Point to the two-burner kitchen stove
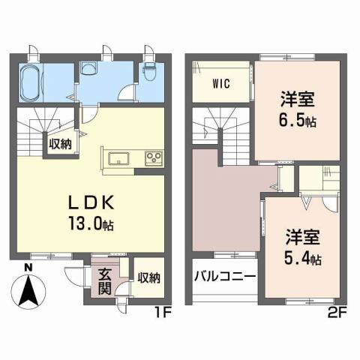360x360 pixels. coord(155,157)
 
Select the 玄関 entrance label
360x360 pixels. coord(105,279)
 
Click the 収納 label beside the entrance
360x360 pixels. coord(148,278)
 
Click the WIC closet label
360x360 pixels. coord(221,82)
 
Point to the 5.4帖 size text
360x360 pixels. coord(303,259)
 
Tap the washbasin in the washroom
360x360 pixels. coord(89,71)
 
